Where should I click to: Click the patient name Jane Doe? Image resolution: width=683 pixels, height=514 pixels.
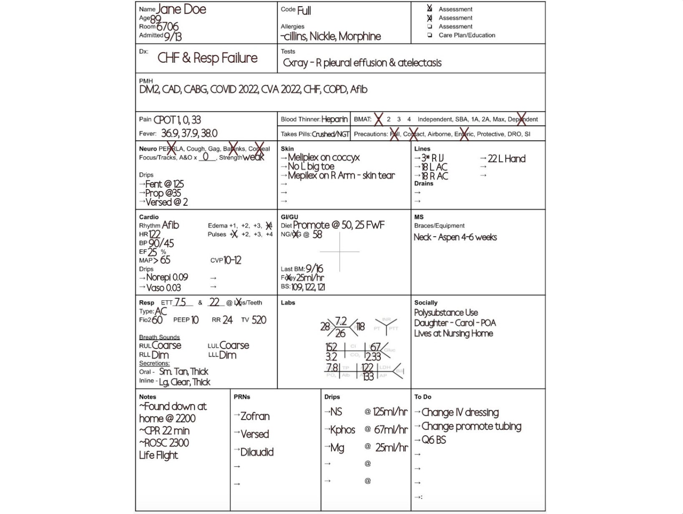181,10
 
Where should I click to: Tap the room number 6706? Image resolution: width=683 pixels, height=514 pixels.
167,27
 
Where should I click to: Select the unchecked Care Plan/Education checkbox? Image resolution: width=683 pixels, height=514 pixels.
429,35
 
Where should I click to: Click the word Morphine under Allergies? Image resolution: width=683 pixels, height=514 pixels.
359,37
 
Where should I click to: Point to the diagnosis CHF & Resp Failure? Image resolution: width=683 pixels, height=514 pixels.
207,58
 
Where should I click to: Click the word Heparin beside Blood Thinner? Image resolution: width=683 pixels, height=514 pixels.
334,119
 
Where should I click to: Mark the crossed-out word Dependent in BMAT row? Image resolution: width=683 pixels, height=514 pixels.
522,119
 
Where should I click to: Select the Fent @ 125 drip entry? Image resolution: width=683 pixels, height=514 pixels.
164,184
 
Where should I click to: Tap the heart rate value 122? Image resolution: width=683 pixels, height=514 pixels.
154,235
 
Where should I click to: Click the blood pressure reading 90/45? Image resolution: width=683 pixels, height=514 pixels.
161,243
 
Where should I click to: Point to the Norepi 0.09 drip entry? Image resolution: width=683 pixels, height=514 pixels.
167,277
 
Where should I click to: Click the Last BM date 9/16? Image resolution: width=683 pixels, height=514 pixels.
314,269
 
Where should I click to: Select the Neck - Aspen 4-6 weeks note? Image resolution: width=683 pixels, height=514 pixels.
455,237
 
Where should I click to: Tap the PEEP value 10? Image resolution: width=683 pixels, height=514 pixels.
195,320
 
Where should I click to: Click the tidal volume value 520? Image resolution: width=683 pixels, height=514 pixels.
259,320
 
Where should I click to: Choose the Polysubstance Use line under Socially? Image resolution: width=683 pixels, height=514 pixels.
446,313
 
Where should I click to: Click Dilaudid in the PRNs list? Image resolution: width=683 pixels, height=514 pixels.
257,452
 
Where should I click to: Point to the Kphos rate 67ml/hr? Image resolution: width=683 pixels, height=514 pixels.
390,429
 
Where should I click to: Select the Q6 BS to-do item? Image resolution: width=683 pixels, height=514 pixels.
434,440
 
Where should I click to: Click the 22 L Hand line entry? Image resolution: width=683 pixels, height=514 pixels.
506,159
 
